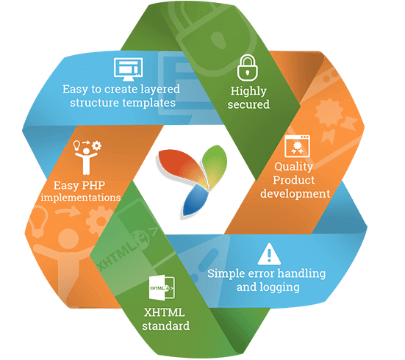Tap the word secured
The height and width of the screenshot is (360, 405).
[249, 104]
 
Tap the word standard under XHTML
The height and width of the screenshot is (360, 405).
[165, 325]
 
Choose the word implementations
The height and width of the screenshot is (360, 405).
[82, 198]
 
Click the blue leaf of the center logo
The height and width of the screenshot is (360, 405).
[196, 198]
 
